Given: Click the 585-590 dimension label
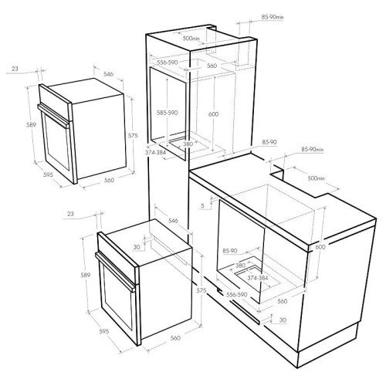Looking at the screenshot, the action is pos(168,113).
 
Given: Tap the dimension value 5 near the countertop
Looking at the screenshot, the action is pos(202,205).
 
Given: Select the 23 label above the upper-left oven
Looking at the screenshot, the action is pos(15,69).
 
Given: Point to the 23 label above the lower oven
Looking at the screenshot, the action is pos(70,214).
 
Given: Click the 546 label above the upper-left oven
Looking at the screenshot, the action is pos(108,74).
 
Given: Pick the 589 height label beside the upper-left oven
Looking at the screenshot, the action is pos(31,125).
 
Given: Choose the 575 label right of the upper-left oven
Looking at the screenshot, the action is pos(133,135).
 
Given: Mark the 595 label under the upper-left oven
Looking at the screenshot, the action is pos(48,174).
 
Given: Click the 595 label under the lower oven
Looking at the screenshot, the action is pos(104,331).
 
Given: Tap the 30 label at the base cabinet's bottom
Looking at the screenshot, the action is pos(283,320).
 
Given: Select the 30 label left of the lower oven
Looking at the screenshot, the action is pos(137,247).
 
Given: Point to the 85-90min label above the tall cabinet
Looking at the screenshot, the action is pos(273,17).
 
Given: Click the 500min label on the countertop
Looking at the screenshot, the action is pos(317,178).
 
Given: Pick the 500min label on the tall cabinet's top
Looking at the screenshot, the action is pos(191,39).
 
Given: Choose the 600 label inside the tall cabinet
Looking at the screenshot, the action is pos(213,114).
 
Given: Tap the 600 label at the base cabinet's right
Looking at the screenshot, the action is pos(320,247).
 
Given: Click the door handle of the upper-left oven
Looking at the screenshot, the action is pos(53,116).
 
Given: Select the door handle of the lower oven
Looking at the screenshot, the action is pos(115,272).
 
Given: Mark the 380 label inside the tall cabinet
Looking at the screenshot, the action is pos(188,144).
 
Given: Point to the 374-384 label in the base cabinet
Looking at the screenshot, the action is pos(258,278).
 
